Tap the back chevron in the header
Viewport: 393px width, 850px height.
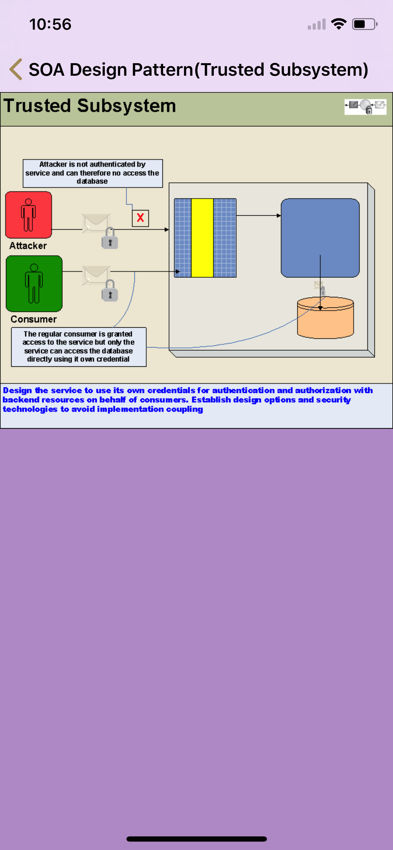click(16, 69)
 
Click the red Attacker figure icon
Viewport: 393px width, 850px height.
click(29, 215)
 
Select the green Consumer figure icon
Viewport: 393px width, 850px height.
click(34, 283)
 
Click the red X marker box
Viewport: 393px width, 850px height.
click(140, 218)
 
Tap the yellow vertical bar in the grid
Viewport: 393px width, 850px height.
click(202, 238)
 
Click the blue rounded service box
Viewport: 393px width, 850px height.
click(320, 238)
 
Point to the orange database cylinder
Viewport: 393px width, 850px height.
click(325, 318)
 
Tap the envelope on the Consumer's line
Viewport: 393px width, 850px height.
click(96, 275)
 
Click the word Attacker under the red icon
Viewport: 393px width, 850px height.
click(28, 246)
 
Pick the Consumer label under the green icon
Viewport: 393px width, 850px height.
click(34, 319)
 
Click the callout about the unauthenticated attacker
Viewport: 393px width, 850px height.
click(93, 173)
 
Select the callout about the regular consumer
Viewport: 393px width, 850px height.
click(79, 346)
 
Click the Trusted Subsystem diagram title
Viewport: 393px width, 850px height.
click(90, 106)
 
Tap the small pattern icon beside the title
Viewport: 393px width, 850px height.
click(365, 106)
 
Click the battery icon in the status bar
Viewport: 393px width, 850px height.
click(364, 24)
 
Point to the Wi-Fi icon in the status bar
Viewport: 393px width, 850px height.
click(339, 24)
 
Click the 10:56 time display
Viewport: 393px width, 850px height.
click(50, 24)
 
